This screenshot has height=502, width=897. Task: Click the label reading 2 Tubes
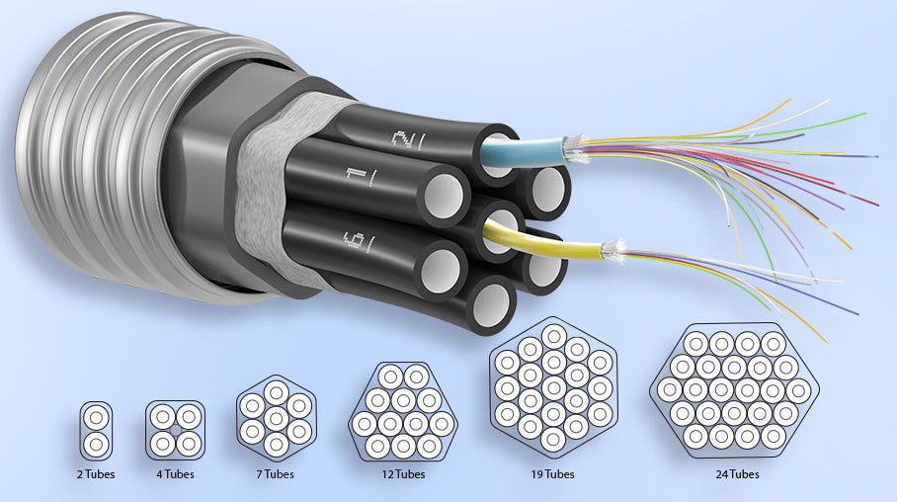point(96,474)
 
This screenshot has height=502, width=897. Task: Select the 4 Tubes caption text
point(175,474)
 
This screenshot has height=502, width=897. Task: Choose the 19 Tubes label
point(553,474)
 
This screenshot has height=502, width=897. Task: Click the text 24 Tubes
point(738,474)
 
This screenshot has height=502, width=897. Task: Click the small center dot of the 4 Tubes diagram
point(175,429)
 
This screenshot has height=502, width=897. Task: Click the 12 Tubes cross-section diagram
point(404,412)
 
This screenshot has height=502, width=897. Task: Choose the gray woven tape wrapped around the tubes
point(265,198)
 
